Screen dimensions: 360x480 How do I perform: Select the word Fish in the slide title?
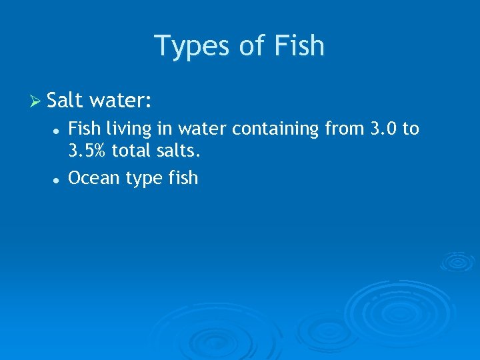(299, 46)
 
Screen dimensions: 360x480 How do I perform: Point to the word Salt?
(65, 101)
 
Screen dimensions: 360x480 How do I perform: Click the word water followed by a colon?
(121, 101)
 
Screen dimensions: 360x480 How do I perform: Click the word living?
(124, 129)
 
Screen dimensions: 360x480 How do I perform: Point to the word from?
(345, 128)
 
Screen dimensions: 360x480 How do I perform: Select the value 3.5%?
(87, 151)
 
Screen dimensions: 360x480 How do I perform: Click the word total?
(131, 151)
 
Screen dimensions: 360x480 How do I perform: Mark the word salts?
(178, 151)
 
